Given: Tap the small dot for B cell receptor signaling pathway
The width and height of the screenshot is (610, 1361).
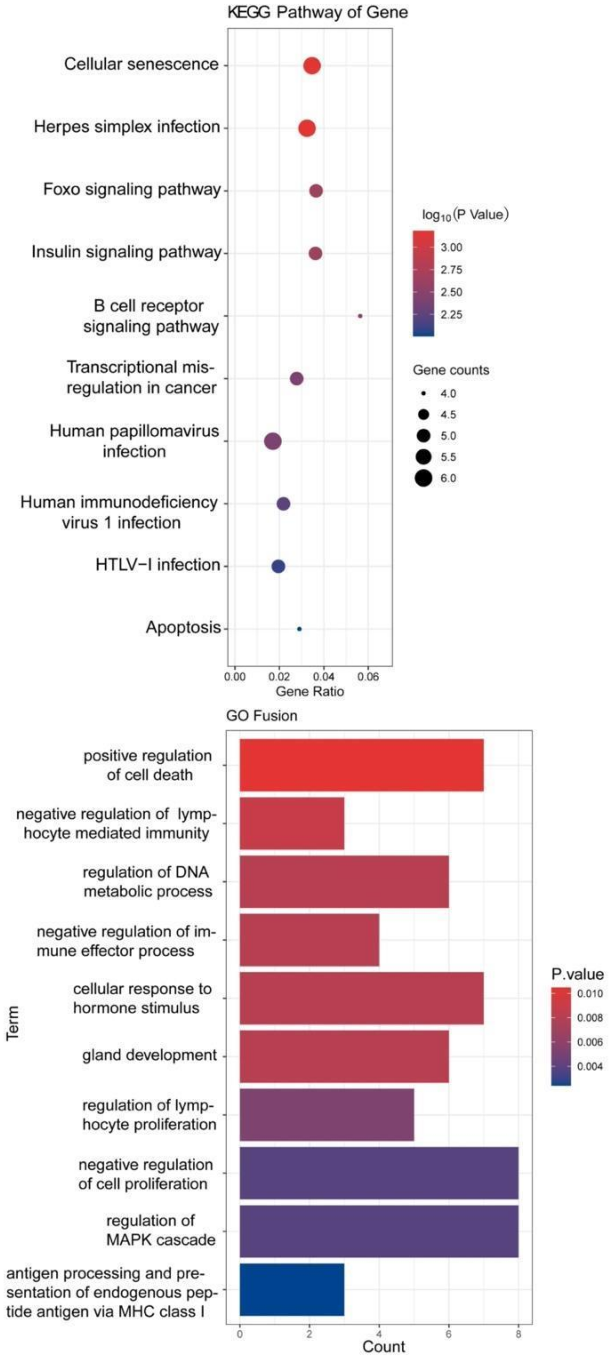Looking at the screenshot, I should point(360,316).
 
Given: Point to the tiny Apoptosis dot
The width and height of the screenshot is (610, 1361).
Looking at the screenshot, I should point(299,629).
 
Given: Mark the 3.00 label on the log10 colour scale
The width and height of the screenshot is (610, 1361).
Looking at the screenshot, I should point(452,247).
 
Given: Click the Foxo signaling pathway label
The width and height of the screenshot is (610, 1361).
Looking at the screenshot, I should point(132,189).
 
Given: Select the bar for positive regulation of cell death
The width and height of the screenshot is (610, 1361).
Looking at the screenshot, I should point(362,765).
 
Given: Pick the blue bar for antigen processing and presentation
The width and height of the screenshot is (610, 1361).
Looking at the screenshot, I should point(292,1289).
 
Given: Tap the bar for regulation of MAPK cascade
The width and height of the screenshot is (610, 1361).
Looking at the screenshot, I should point(379,1231).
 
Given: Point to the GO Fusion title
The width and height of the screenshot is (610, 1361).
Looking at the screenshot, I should point(262,716).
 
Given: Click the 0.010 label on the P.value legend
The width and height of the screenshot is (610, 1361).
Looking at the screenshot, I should point(590,994).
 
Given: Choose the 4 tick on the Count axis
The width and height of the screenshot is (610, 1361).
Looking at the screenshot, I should point(379,1334).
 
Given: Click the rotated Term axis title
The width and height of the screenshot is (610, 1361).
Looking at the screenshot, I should point(13,1023).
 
